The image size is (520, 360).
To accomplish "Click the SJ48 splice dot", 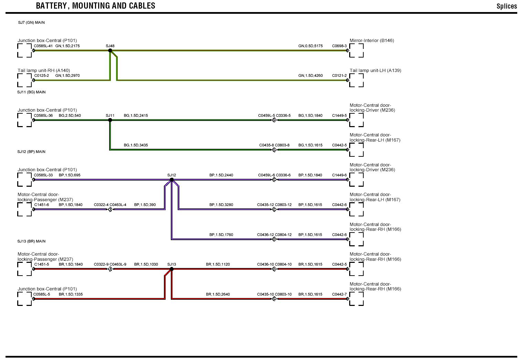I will coord(110,51).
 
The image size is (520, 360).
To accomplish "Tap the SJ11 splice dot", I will coord(110,120).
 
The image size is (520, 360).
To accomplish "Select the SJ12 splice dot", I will coord(171,179).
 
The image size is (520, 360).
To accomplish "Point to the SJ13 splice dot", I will coord(171,269).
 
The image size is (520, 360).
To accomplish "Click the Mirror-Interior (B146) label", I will coord(372,41).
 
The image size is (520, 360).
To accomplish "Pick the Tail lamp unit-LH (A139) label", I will coord(375,71).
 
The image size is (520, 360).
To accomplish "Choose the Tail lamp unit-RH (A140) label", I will coord(44,71).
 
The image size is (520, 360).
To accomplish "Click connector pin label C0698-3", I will coord(339,46).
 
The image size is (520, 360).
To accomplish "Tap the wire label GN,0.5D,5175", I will coord(310,46).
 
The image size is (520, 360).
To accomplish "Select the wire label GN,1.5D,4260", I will coord(310,75).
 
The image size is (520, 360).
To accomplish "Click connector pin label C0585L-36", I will coord(43,115).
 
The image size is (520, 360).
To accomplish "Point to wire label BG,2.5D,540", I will coord(70,115).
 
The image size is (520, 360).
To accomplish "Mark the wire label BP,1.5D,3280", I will coord(221,205).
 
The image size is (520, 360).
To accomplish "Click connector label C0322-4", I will coord(101,205).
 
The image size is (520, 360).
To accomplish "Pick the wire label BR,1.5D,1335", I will coord(71,294).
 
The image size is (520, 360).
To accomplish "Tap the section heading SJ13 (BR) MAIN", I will coord(31,241).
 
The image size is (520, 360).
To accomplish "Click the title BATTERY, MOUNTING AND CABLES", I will coord(95,6).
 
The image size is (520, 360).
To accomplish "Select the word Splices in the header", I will coord(507,6).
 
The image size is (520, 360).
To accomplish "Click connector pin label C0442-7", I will coord(339,294).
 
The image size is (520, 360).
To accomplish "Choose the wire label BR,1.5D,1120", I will coord(218,264).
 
